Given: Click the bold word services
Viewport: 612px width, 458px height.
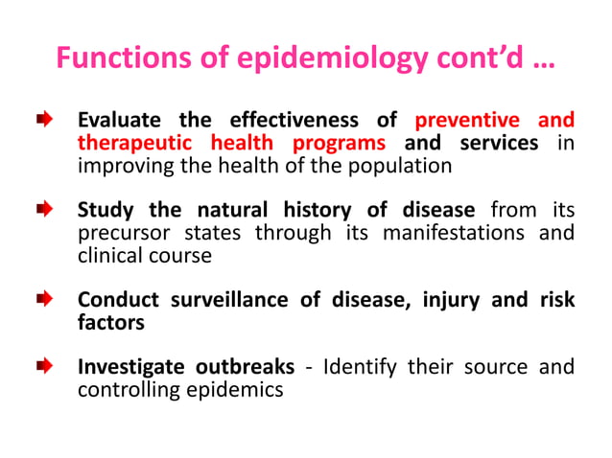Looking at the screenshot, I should point(499,143).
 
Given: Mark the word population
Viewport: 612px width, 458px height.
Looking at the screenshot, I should point(397,165).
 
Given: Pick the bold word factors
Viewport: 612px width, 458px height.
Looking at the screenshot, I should point(110,323).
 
